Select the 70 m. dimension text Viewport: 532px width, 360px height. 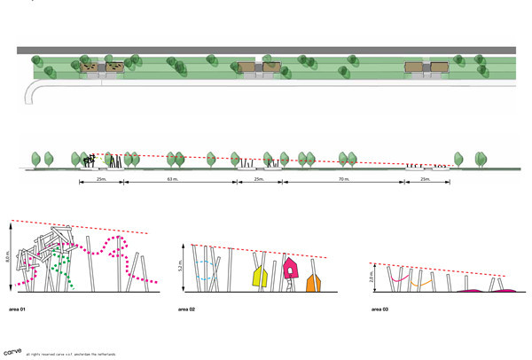pos(344,179)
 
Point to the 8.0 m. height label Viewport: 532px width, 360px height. pos(9,257)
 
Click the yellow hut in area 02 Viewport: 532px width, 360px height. pos(260,278)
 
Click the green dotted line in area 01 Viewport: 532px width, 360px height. pos(60,266)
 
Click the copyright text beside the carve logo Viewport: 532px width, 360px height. pos(71,354)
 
